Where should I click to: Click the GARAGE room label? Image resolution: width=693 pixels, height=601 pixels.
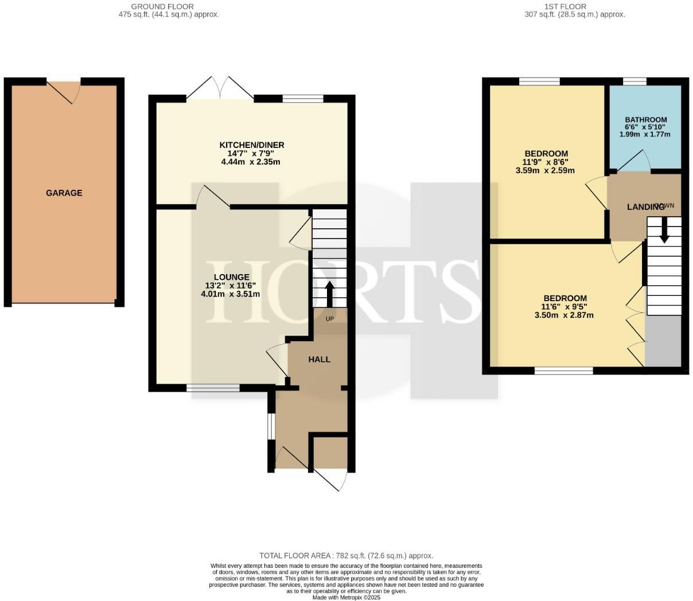coord(64,193)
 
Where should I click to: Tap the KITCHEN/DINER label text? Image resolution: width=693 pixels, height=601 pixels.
coord(251,145)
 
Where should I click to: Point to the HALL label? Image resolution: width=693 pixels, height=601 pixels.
coord(320,360)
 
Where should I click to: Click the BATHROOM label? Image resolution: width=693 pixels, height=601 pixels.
coord(646,120)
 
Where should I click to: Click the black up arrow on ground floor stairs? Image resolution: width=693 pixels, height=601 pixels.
coord(330,294)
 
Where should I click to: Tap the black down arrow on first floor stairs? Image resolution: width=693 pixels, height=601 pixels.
coord(664,232)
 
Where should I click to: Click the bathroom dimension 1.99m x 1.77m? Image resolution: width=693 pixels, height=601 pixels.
coord(645,134)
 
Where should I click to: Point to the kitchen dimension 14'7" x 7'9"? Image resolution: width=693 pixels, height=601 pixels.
coord(251,154)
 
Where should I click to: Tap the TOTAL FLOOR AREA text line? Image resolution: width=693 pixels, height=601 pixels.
coord(346,556)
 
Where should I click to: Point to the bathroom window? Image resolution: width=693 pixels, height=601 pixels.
coord(634,81)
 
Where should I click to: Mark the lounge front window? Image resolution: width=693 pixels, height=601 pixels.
coord(213,388)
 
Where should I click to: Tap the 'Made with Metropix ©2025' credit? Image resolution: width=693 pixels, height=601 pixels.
coord(346,597)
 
